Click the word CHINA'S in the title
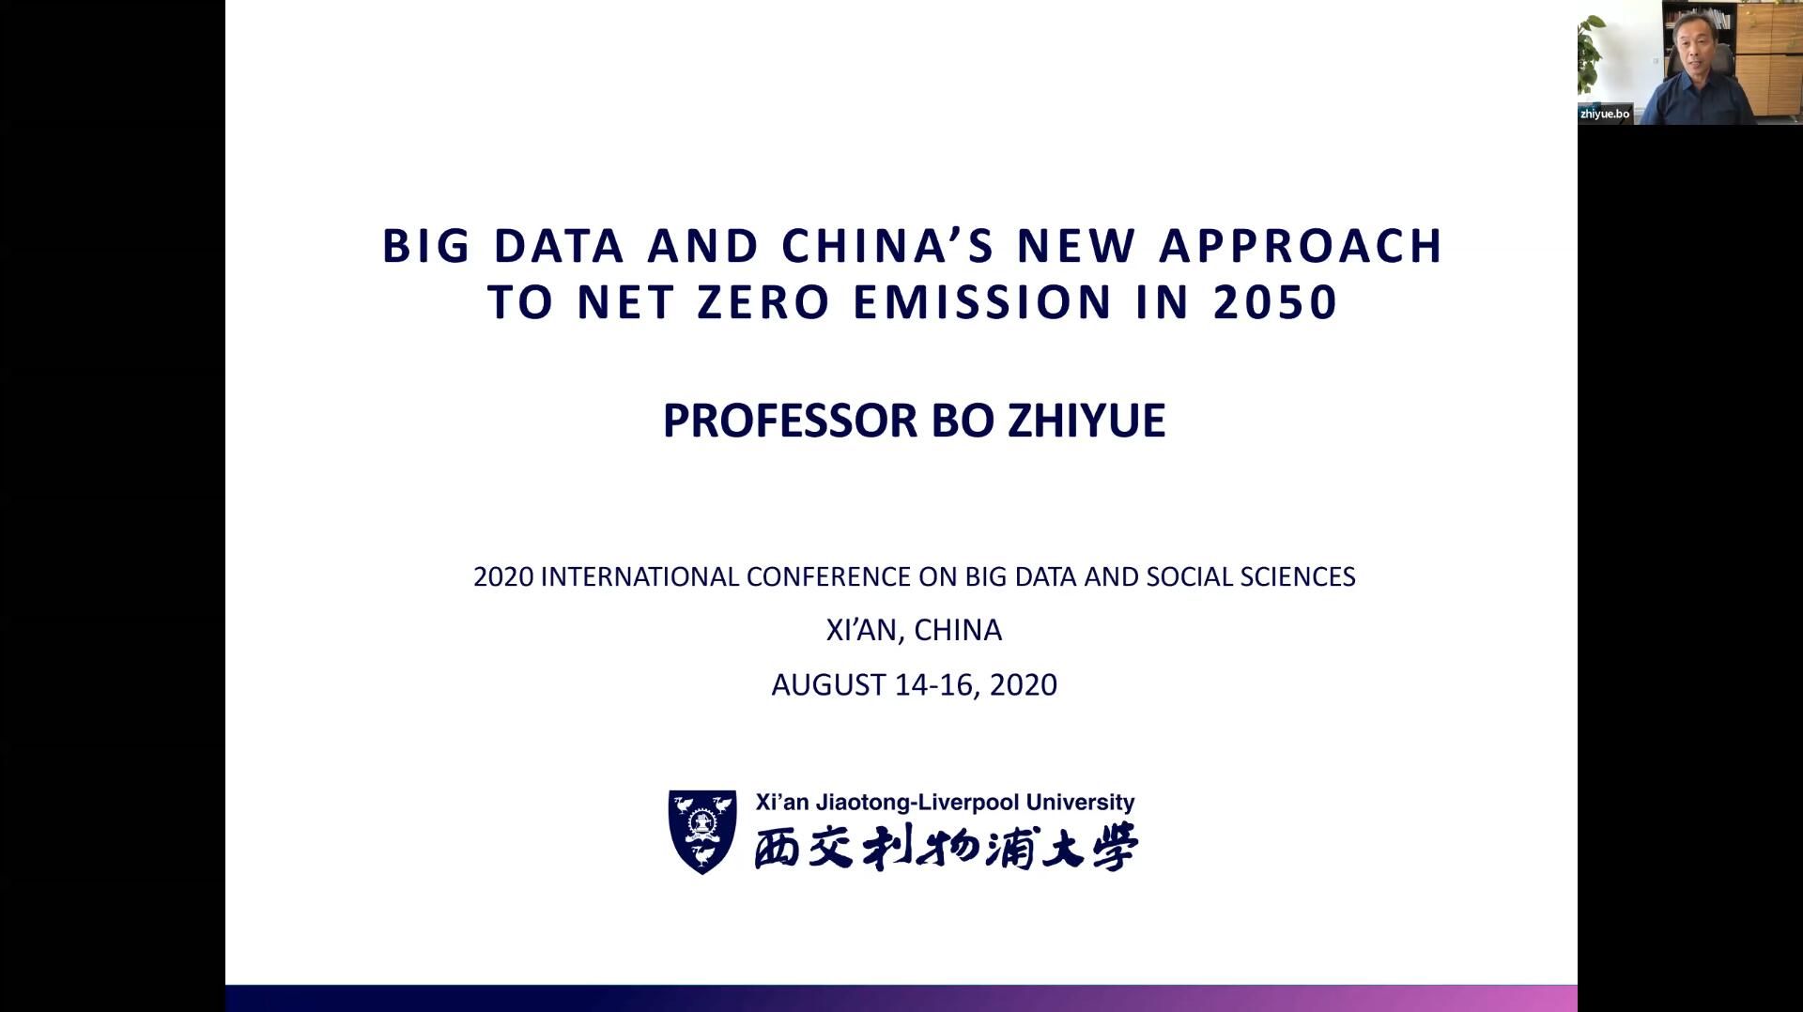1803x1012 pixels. tap(887, 246)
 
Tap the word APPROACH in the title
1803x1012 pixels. tap(1301, 246)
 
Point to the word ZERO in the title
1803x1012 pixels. tap(763, 302)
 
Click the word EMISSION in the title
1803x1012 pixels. tap(983, 302)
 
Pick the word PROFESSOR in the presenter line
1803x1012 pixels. tap(792, 421)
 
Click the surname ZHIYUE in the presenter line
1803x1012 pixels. tap(1086, 421)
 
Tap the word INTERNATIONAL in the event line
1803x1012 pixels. tap(640, 576)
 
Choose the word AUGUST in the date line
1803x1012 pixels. tap(828, 684)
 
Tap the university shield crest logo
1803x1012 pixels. tap(702, 832)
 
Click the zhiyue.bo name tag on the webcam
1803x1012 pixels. tap(1605, 114)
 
